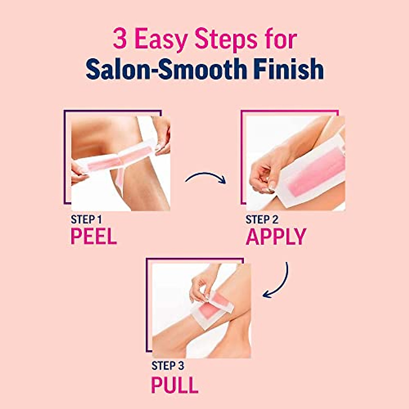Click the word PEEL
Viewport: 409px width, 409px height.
coord(94,237)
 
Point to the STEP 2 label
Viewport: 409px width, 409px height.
coord(262,220)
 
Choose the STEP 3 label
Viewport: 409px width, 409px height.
coord(168,366)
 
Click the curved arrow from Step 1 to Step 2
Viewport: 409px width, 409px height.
coord(206,177)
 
